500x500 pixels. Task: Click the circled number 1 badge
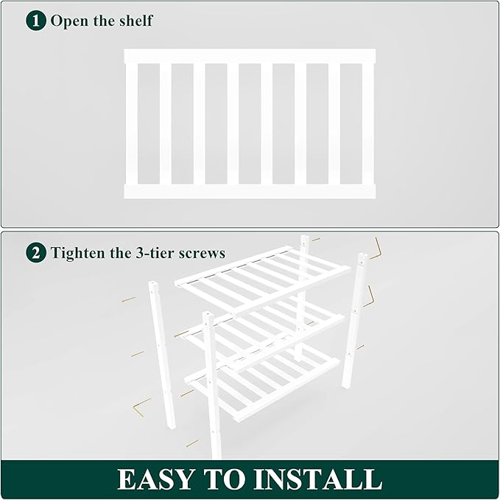[x=36, y=20]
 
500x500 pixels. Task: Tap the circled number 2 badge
[x=36, y=253]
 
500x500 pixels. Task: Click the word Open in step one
[x=68, y=21]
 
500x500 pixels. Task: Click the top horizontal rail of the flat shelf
[x=250, y=56]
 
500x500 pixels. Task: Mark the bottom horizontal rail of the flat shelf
[x=250, y=192]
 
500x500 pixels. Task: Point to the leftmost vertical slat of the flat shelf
[x=131, y=124]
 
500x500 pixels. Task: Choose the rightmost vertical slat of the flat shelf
[x=368, y=124]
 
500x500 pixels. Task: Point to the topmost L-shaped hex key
[x=376, y=249]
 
